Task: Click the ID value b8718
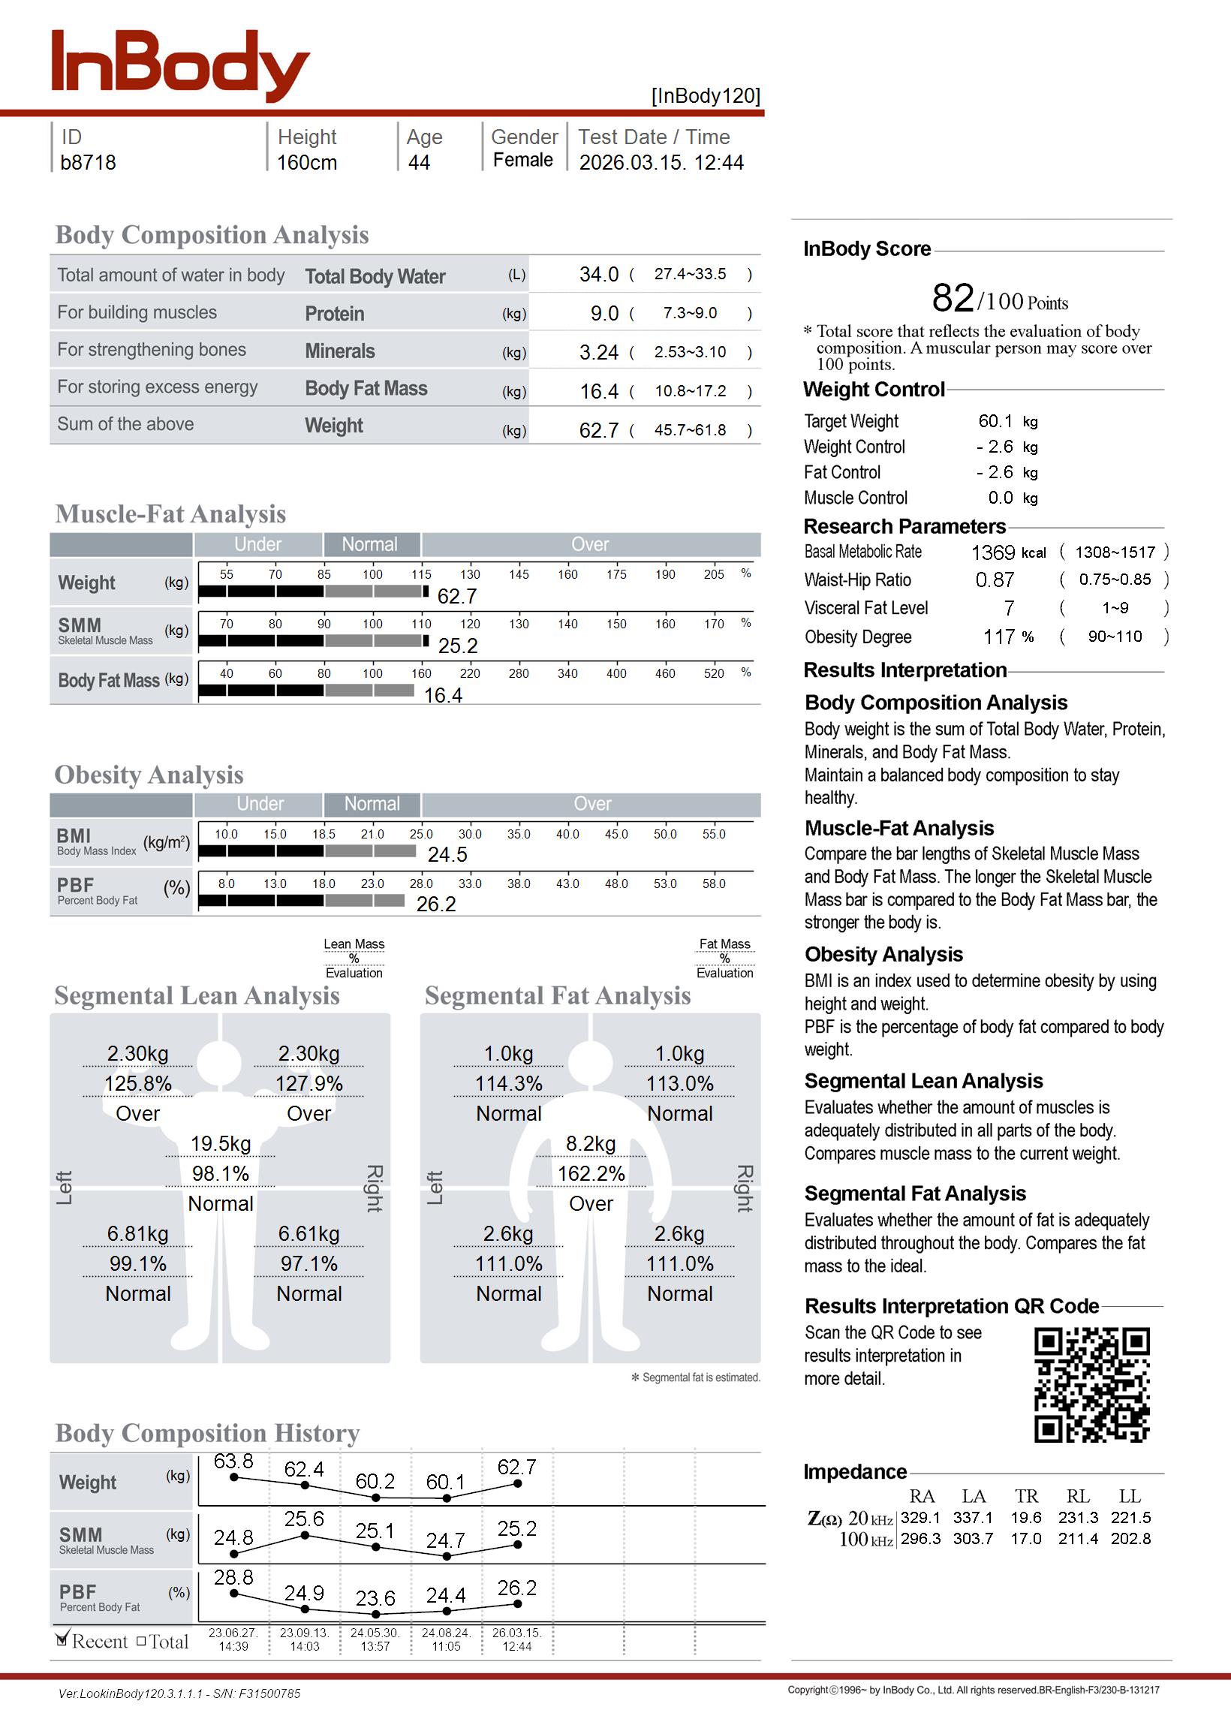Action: click(88, 163)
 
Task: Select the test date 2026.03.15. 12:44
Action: click(661, 163)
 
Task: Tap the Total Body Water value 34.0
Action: click(599, 274)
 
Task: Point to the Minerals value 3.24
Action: click(599, 352)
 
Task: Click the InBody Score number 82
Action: click(953, 298)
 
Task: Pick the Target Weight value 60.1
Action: click(995, 421)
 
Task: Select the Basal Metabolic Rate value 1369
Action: click(993, 552)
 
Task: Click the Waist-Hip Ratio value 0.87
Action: click(995, 580)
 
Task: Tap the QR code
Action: click(1091, 1385)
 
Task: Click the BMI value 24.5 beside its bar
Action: click(447, 855)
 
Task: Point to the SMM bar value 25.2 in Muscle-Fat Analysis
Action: click(458, 646)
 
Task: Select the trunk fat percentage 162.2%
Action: click(591, 1174)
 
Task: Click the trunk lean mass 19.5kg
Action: click(221, 1144)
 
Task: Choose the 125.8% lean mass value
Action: click(138, 1084)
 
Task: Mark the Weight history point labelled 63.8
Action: click(234, 1477)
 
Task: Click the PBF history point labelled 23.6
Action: click(376, 1614)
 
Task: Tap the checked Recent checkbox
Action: click(62, 1640)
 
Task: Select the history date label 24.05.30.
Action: click(375, 1633)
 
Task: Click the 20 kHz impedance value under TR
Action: click(1025, 1518)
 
